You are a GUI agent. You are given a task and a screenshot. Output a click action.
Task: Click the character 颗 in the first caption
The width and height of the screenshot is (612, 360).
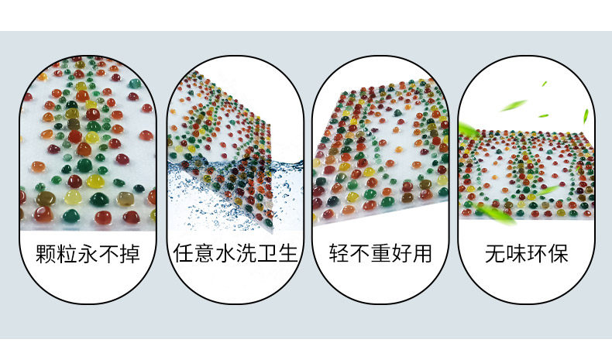click(x=46, y=254)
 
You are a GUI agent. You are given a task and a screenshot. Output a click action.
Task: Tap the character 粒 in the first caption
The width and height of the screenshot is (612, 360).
click(x=67, y=254)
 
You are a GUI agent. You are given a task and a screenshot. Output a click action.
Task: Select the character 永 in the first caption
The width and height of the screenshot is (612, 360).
click(x=88, y=254)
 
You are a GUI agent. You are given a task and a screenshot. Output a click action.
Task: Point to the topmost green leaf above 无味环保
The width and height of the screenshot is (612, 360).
click(x=544, y=83)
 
